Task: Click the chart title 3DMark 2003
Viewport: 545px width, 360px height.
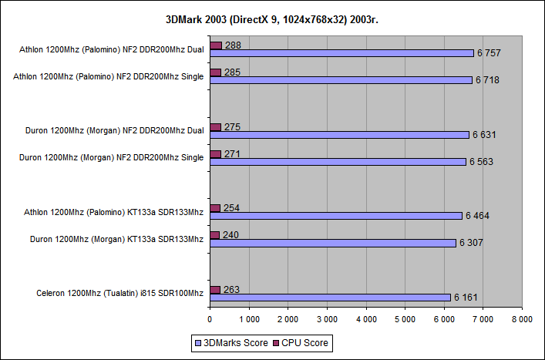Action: (272, 19)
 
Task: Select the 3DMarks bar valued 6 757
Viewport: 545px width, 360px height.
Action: (341, 53)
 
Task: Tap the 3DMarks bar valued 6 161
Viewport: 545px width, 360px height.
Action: (330, 297)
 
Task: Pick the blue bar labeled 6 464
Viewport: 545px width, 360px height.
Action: (336, 216)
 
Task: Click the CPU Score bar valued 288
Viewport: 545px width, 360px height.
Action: (215, 45)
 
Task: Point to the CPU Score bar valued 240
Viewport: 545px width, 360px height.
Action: (214, 235)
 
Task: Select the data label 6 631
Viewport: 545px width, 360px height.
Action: (484, 135)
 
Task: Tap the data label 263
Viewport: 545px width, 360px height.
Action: (231, 290)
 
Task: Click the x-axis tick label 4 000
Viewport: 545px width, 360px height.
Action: (366, 318)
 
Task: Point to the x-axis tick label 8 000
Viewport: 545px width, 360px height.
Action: (523, 318)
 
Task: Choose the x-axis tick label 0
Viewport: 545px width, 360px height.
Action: (210, 318)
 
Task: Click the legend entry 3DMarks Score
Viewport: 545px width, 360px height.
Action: (232, 341)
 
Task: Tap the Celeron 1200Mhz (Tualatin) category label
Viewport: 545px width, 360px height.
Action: (119, 293)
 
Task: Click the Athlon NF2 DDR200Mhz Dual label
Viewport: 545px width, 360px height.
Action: (111, 50)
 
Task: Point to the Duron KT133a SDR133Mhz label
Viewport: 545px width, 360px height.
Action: (114, 239)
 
